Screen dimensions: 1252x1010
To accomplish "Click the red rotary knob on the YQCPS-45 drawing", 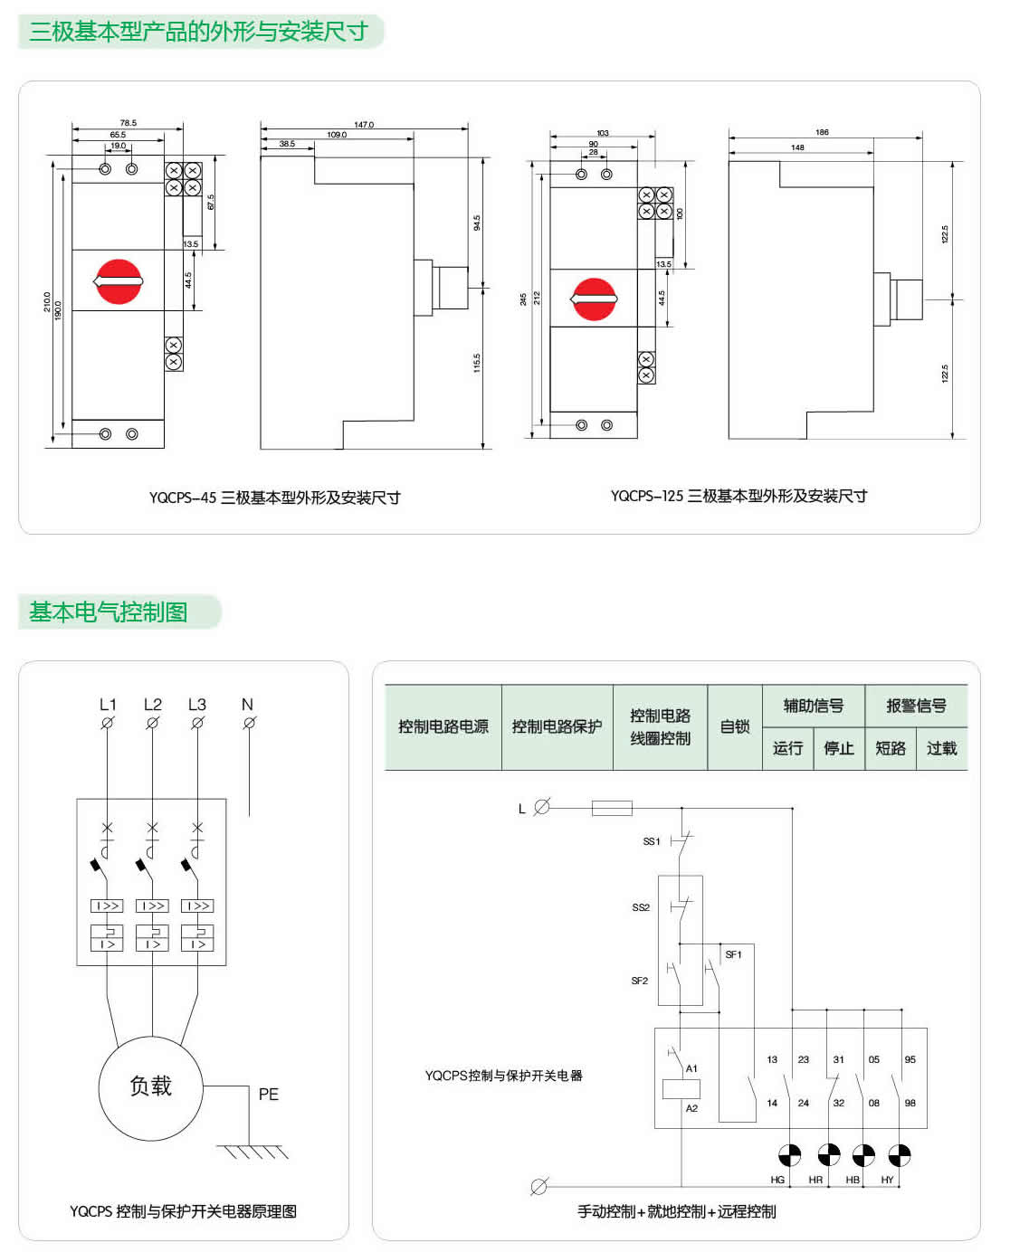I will tap(119, 281).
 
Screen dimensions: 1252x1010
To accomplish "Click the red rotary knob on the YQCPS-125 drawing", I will tap(594, 299).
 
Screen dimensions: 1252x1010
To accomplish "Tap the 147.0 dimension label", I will tap(364, 125).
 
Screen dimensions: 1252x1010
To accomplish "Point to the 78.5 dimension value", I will tap(128, 123).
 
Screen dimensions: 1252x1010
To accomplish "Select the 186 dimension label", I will tap(822, 132).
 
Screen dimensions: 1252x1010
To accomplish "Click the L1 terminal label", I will tap(108, 705).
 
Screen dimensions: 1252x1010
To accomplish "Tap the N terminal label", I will tap(247, 705).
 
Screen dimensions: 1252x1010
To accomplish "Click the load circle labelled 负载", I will tap(151, 1087).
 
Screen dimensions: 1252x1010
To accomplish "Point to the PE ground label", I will tap(268, 1095).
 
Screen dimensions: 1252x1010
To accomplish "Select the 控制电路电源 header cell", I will tap(443, 726).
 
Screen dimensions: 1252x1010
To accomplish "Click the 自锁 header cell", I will tap(735, 726).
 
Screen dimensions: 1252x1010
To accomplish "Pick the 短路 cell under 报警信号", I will tap(891, 748).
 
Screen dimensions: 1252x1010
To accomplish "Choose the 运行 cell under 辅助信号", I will tap(787, 748).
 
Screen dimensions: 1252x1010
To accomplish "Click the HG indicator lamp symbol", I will tap(790, 1155).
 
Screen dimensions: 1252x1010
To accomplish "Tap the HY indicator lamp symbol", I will tap(899, 1155).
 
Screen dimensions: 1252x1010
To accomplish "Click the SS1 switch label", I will tap(652, 841).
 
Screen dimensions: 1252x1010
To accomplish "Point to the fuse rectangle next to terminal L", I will tap(612, 808).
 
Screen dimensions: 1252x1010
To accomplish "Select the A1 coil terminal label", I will tap(691, 1068).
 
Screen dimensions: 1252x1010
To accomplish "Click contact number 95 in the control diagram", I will tap(910, 1059).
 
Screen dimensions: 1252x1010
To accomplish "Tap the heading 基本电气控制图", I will tap(109, 612).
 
